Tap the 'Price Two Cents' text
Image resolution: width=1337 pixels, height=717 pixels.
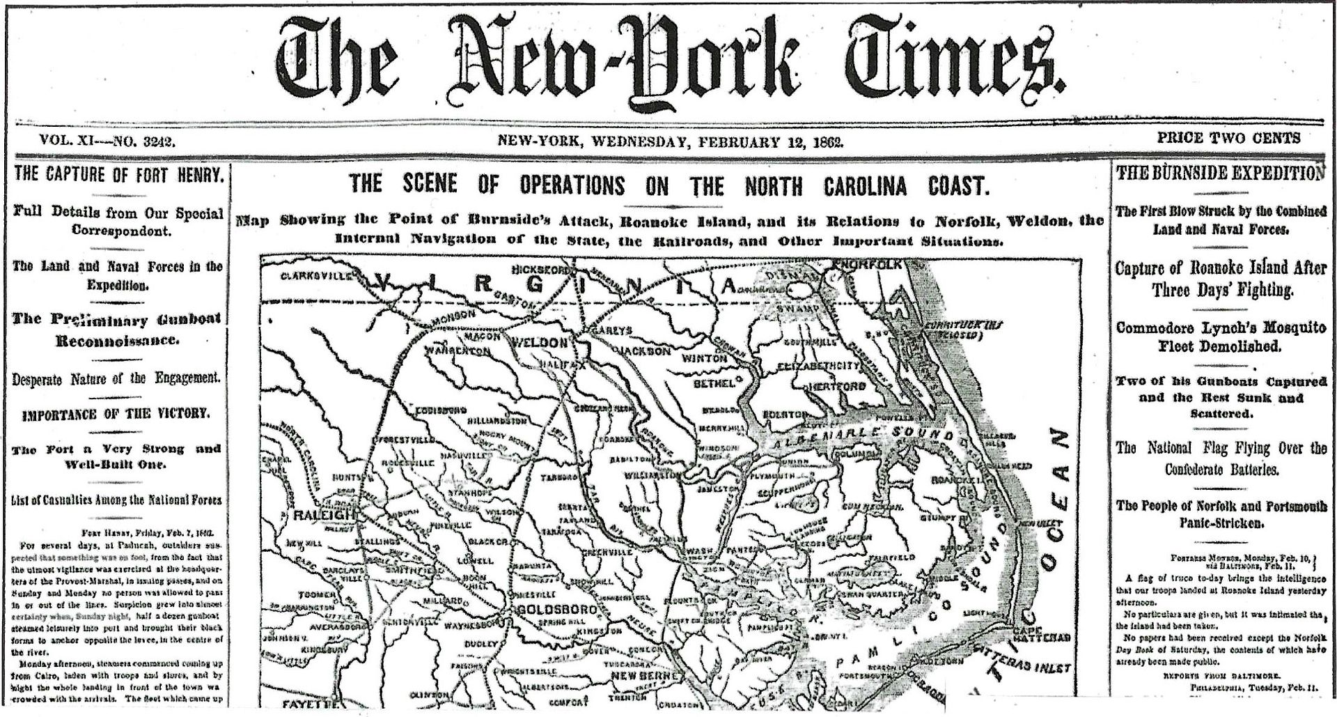tap(1228, 138)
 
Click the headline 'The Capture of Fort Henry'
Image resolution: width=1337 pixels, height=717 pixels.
tap(118, 174)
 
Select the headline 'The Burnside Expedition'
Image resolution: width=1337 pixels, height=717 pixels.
tap(1221, 174)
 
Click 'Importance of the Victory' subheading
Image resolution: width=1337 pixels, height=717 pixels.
tap(117, 414)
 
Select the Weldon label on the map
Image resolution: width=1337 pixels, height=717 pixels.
tap(540, 342)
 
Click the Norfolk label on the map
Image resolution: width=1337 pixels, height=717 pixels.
tap(870, 265)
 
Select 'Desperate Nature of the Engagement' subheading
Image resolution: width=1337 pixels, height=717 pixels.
tap(117, 379)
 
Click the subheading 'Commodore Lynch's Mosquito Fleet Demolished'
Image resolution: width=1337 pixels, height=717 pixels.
tap(1221, 337)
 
